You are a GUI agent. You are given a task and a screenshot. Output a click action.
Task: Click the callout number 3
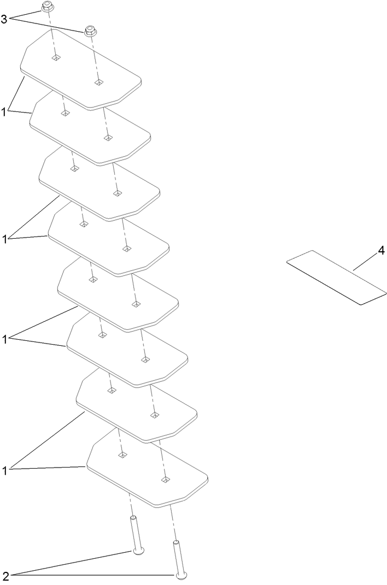(4, 20)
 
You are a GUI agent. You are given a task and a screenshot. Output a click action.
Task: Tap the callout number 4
(381, 251)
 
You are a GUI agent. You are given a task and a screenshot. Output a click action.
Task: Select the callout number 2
(5, 576)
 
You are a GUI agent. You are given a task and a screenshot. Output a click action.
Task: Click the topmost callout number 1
(4, 111)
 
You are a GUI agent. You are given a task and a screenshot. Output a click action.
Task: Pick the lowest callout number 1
(4, 471)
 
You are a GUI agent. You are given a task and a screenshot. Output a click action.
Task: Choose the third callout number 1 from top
(4, 340)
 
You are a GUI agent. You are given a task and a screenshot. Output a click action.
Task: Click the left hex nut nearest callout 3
(46, 6)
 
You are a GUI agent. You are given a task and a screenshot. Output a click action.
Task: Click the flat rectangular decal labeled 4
(336, 277)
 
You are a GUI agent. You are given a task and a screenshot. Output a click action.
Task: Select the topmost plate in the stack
(81, 70)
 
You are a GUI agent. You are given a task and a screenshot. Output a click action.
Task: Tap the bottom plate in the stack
(147, 468)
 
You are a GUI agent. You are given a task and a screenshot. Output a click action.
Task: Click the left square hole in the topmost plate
(56, 57)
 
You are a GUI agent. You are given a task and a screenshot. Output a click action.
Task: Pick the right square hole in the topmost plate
(98, 82)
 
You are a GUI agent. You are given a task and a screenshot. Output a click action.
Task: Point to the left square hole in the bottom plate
(122, 455)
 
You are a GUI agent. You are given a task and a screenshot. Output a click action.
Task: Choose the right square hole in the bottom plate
(164, 480)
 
